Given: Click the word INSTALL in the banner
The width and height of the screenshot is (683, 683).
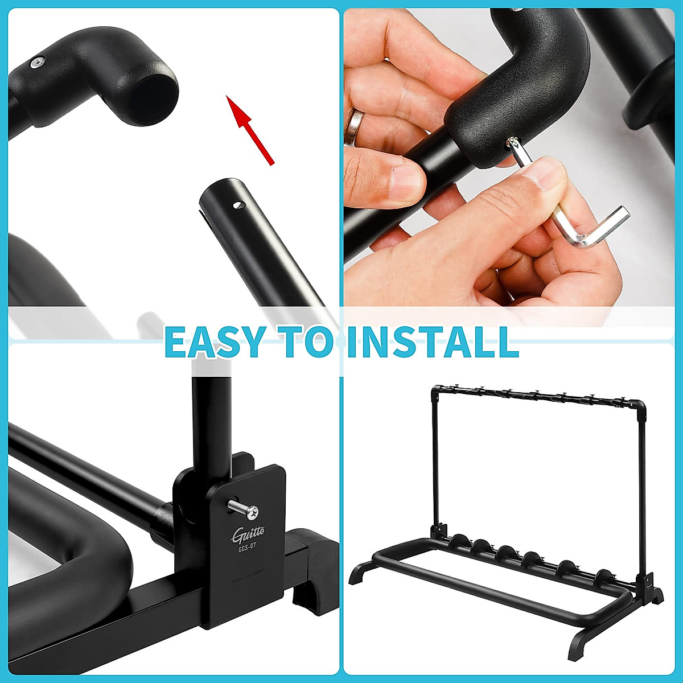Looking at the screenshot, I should (x=433, y=342).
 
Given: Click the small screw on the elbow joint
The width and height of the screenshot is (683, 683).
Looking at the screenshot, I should (x=38, y=62).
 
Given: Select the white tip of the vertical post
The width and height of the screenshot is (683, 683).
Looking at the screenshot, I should (x=210, y=367).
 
